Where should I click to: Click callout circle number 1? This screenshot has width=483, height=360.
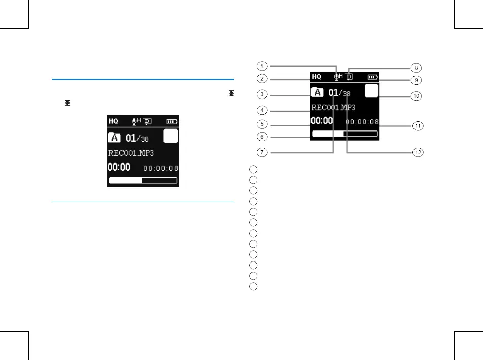pyautogui.click(x=261, y=66)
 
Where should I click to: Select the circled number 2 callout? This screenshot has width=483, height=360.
pyautogui.click(x=261, y=79)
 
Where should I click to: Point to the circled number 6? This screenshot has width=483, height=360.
pyautogui.click(x=261, y=136)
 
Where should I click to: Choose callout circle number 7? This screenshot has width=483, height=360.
pyautogui.click(x=261, y=152)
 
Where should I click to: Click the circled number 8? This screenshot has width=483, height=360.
pyautogui.click(x=416, y=67)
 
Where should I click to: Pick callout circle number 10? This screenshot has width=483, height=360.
pyautogui.click(x=416, y=96)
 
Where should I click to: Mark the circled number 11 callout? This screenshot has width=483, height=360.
pyautogui.click(x=416, y=126)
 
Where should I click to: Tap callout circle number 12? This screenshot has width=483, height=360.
pyautogui.click(x=416, y=152)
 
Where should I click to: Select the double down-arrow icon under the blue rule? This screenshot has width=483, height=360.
pyautogui.click(x=67, y=103)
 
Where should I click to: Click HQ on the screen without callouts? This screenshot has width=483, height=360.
pyautogui.click(x=113, y=121)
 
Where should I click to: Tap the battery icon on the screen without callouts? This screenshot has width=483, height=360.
pyautogui.click(x=173, y=122)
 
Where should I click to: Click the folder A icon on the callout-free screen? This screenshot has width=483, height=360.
pyautogui.click(x=115, y=138)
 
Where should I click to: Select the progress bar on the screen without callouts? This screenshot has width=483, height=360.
pyautogui.click(x=143, y=180)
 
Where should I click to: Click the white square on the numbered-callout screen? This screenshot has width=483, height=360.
pyautogui.click(x=372, y=91)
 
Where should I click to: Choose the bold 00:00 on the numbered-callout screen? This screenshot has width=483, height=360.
pyautogui.click(x=322, y=121)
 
